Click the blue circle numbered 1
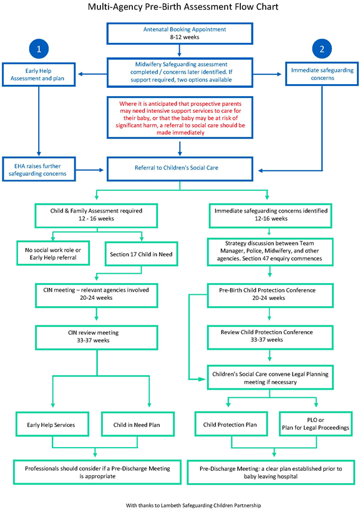tap(39, 48)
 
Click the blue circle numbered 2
tap(321, 48)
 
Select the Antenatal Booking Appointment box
tap(180, 33)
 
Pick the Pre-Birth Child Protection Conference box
tap(270, 294)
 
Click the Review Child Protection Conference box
tap(270, 337)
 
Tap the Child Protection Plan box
tap(230, 424)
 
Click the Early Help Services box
tap(51, 424)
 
